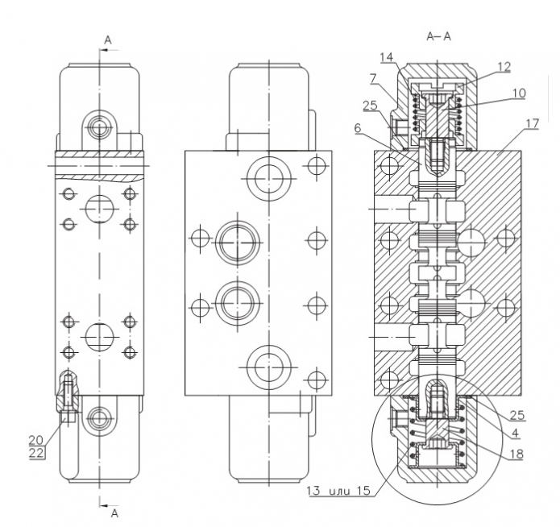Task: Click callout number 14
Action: (386, 56)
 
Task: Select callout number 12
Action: (504, 66)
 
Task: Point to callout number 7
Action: (373, 79)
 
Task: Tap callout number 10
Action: (519, 93)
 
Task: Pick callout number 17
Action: (532, 123)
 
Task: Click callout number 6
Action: (359, 128)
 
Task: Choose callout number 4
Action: (515, 433)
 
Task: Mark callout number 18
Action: (516, 454)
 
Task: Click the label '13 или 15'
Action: (338, 491)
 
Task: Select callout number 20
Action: (36, 440)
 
